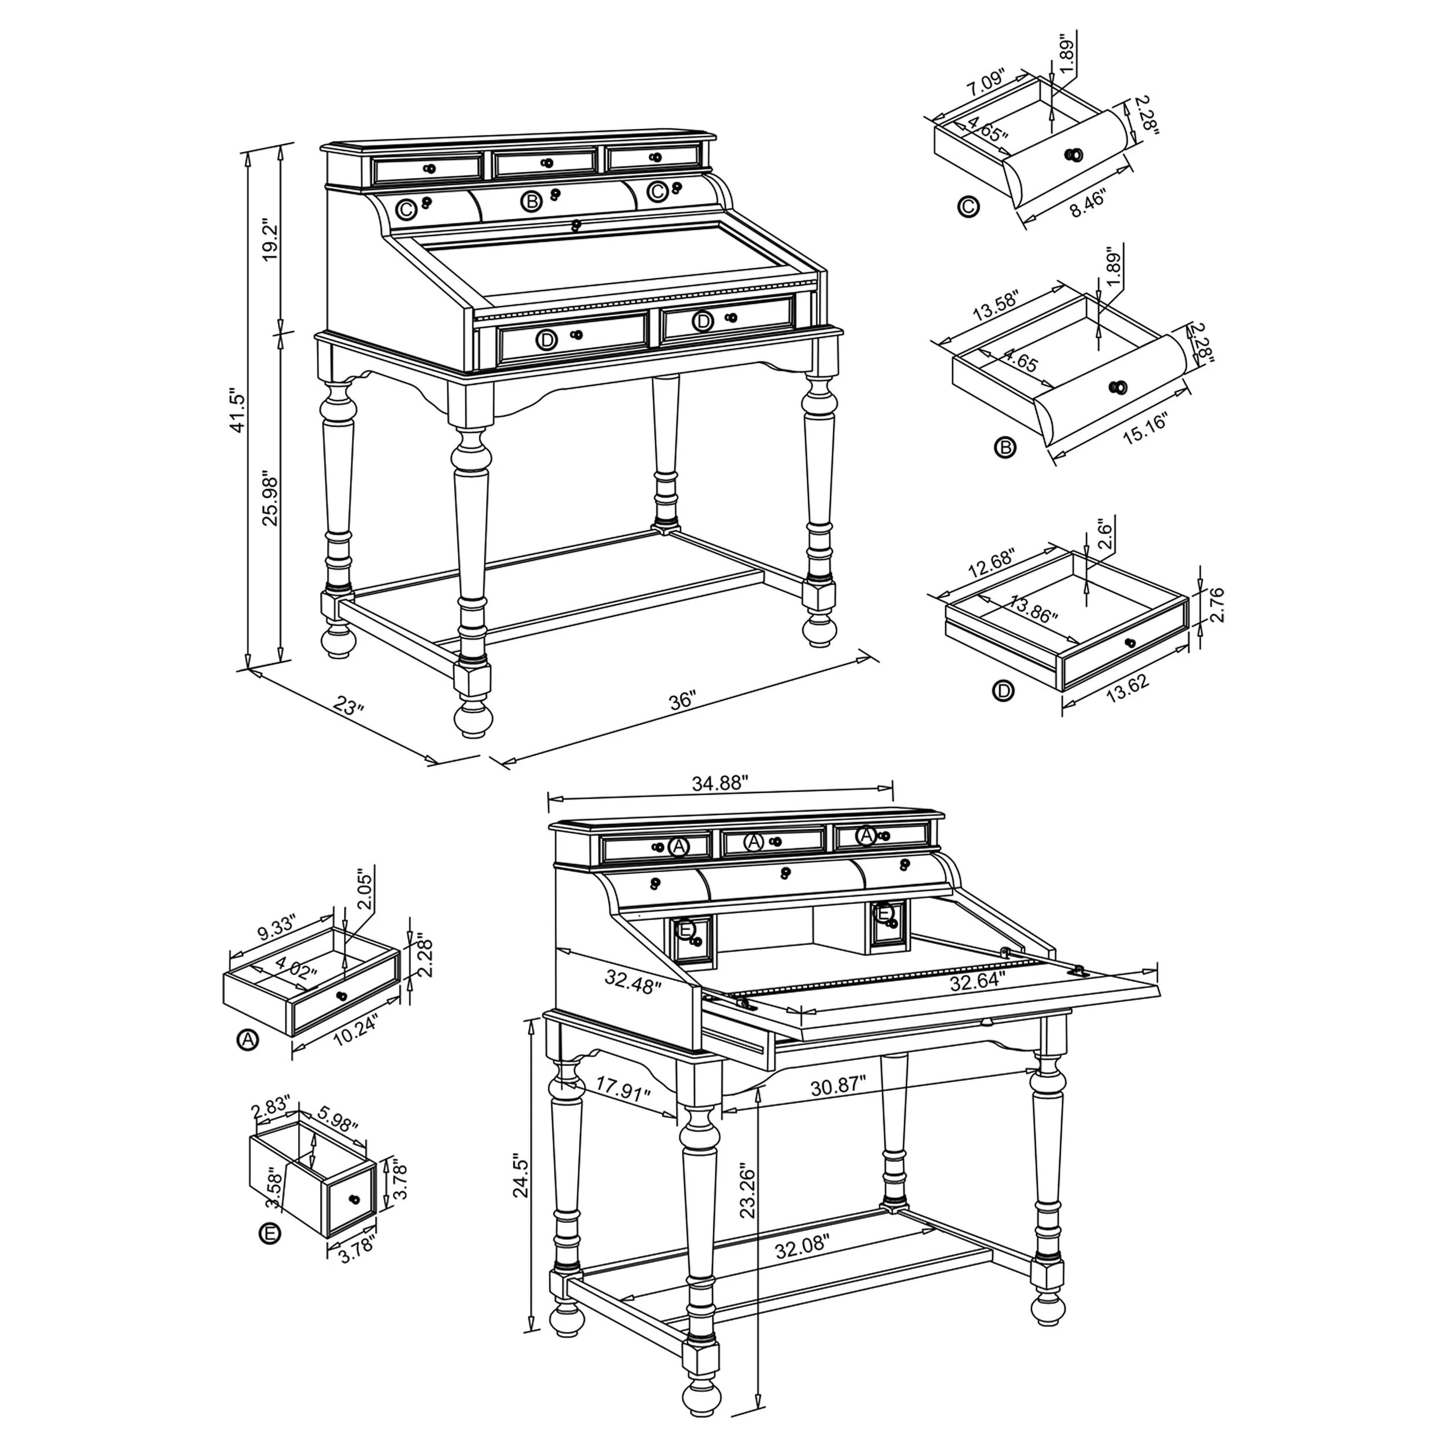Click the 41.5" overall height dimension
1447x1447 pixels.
[237, 410]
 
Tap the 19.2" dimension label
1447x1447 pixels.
[270, 240]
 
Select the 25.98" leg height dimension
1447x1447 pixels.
[270, 497]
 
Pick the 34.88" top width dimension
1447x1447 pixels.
[720, 783]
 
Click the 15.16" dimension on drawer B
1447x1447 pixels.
[1145, 429]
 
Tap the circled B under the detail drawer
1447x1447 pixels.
[1004, 448]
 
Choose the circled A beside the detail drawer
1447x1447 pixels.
[247, 1040]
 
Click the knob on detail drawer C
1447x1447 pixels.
[1074, 155]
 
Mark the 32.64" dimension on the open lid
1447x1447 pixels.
[978, 982]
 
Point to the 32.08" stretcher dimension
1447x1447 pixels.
[802, 1246]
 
